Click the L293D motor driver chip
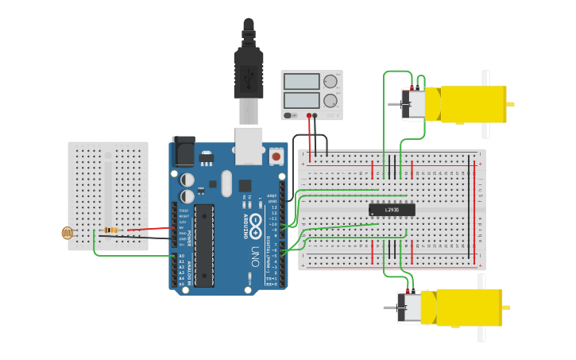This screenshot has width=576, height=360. (x=392, y=210)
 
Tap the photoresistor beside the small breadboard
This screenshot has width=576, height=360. (x=68, y=233)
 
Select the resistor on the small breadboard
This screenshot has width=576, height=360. (x=110, y=230)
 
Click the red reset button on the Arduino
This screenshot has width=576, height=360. (x=276, y=157)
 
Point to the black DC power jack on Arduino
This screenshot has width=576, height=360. (x=184, y=151)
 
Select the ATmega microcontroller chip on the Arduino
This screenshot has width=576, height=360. (x=204, y=244)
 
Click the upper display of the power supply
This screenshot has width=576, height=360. (x=302, y=81)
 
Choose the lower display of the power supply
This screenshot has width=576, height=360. (x=302, y=101)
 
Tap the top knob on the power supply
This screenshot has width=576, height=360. (x=330, y=81)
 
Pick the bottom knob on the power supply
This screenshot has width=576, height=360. (x=330, y=101)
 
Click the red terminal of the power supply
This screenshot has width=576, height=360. (x=309, y=116)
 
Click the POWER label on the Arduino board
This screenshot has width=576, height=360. (x=189, y=226)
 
